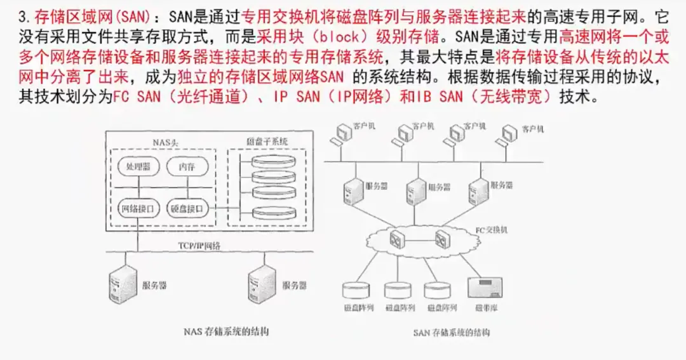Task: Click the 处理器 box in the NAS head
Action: pos(138,167)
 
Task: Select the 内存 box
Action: pos(186,167)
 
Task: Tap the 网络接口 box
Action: pos(138,208)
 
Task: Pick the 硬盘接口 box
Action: pos(186,208)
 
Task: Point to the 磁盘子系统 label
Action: pos(267,142)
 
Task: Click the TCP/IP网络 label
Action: pos(199,245)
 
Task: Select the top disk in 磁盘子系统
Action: pos(274,160)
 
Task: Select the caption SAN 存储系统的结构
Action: pos(452,332)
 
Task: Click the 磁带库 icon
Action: pos(482,288)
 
